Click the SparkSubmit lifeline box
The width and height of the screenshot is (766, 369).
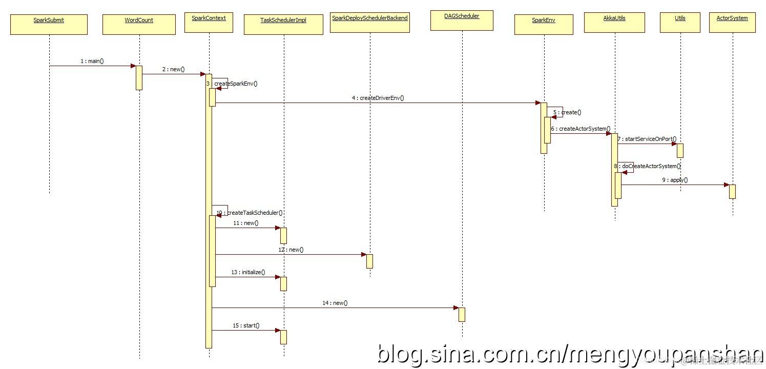click(x=49, y=24)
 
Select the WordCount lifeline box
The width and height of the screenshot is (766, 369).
click(x=139, y=24)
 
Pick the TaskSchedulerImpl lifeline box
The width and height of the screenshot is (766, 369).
click(x=283, y=24)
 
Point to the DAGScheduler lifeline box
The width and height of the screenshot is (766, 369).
click(x=462, y=20)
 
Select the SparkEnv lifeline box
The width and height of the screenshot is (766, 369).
click(x=544, y=24)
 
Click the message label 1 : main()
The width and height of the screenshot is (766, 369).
click(x=92, y=61)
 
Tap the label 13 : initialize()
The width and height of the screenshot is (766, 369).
click(x=248, y=272)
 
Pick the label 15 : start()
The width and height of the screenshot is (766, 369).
click(x=246, y=325)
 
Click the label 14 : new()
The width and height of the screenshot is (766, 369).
click(x=335, y=303)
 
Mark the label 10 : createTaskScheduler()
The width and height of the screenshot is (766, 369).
click(x=250, y=213)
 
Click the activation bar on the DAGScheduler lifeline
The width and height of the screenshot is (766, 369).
click(x=462, y=314)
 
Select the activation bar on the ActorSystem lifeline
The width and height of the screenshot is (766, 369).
click(x=732, y=191)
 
